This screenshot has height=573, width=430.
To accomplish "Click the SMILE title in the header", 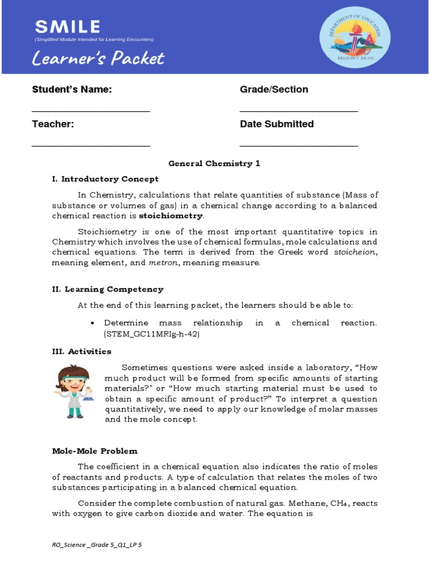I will (67, 26).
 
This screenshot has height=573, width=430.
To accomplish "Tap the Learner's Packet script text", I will (98, 58).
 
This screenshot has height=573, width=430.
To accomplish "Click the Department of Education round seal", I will (355, 37).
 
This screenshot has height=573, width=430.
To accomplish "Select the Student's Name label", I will (72, 90).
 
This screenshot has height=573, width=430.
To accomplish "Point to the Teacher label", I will (53, 124).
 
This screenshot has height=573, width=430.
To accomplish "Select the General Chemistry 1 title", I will (214, 163).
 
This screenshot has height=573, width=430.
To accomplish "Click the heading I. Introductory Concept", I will (105, 179).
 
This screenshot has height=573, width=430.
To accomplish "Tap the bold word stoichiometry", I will (171, 216).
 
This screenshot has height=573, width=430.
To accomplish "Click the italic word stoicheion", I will (356, 252).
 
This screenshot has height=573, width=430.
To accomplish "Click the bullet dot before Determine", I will (92, 323).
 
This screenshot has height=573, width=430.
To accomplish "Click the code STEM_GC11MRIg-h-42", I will (152, 334).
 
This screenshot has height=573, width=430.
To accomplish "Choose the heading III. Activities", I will (82, 351).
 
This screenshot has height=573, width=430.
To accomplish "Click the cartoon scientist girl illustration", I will (73, 392).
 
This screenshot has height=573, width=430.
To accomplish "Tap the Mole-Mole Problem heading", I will (95, 451).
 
